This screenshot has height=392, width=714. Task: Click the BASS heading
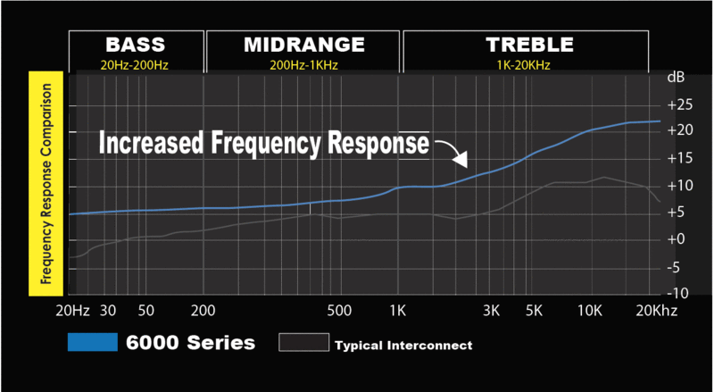[137, 45]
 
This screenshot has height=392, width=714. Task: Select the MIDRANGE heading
[303, 45]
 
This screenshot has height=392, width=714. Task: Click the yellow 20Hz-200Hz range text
[137, 63]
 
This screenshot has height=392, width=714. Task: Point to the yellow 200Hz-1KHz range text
[303, 63]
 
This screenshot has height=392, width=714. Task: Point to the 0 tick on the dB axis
[677, 239]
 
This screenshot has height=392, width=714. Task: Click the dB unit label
[676, 79]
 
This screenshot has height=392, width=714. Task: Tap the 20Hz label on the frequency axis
[73, 311]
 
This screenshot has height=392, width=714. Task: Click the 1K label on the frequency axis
[398, 311]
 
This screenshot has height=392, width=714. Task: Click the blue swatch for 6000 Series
[92, 342]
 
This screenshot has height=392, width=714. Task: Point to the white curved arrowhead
[460, 160]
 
